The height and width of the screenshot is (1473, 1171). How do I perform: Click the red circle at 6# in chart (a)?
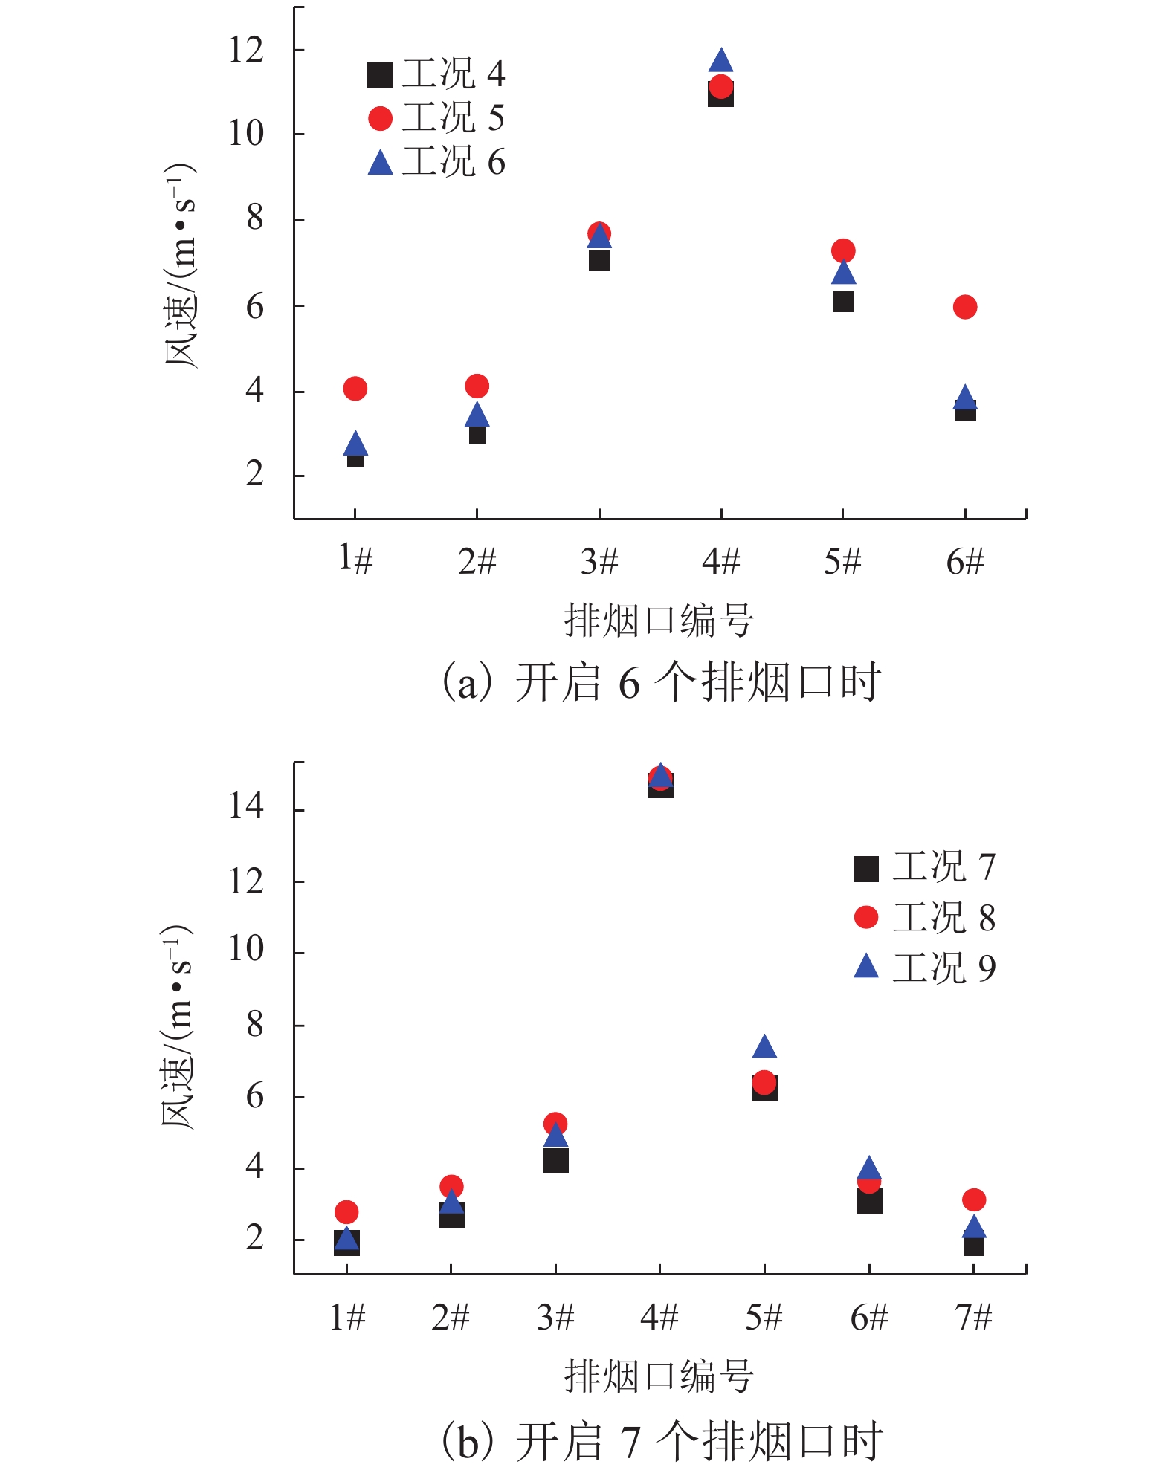[964, 307]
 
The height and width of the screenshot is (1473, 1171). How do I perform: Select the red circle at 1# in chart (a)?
[355, 388]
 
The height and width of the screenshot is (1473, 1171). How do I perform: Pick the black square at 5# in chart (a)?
[843, 302]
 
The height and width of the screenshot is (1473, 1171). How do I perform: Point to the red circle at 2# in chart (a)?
[477, 386]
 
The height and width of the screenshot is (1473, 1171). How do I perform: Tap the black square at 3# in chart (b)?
[555, 1160]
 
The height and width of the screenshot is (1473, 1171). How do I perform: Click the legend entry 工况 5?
[437, 118]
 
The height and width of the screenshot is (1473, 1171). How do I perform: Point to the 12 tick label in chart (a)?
[246, 51]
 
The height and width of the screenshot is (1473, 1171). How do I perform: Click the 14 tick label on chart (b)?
[246, 806]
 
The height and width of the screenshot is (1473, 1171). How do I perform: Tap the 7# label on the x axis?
[974, 1318]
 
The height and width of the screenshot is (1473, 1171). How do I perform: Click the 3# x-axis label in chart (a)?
[599, 561]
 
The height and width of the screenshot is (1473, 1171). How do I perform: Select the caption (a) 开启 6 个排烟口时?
[660, 682]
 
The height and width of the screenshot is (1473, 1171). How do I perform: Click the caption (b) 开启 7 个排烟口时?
[660, 1440]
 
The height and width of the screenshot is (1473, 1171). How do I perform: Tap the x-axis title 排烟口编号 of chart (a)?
[659, 621]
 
